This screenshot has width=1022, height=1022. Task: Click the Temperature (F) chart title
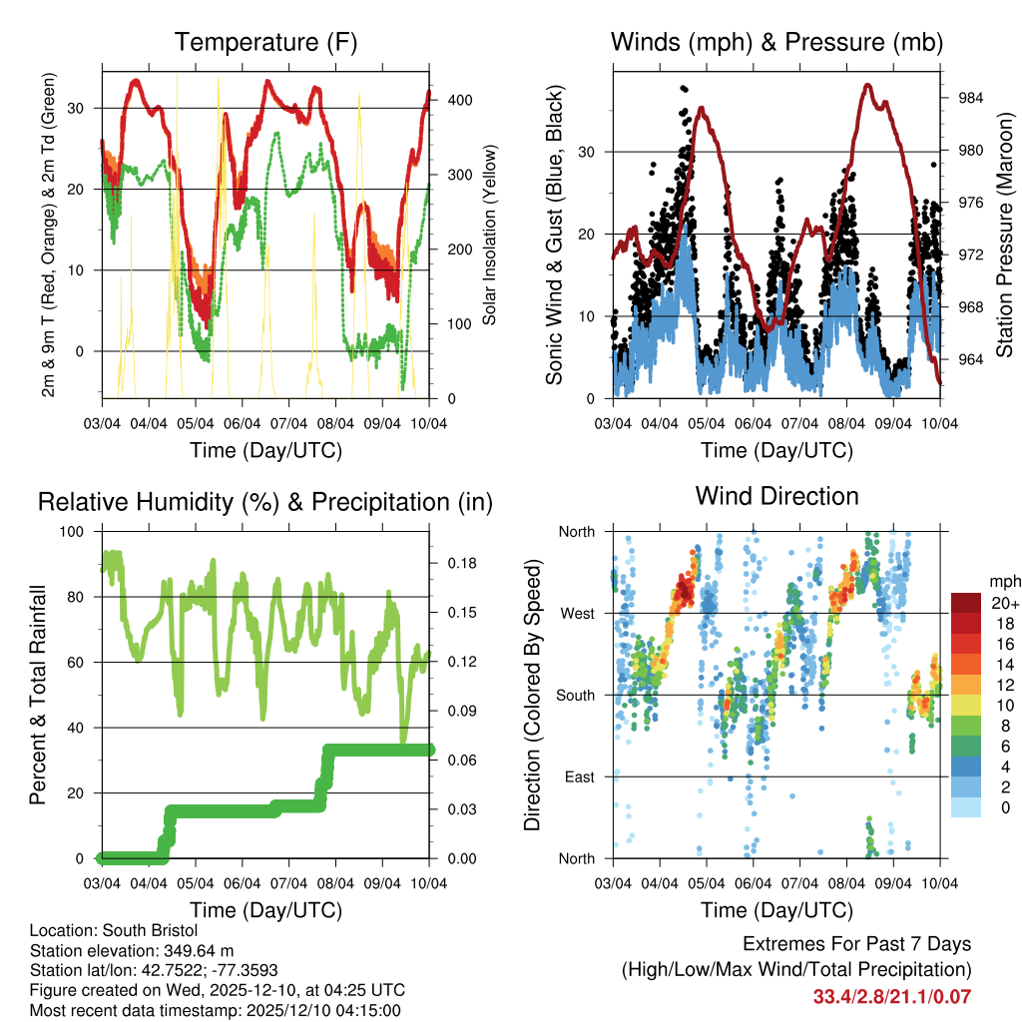click(x=264, y=43)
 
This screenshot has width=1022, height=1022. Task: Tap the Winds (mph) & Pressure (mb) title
click(x=776, y=43)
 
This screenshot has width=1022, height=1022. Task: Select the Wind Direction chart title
click(x=776, y=496)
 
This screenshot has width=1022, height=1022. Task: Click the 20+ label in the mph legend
click(x=1003, y=603)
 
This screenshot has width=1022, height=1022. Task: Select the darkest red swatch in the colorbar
click(x=965, y=602)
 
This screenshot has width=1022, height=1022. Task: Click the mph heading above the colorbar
click(x=1002, y=581)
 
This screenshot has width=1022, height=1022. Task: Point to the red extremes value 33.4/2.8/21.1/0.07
click(x=891, y=996)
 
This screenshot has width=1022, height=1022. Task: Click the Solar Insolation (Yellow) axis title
click(x=489, y=235)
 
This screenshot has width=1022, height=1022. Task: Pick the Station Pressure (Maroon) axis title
click(x=1004, y=235)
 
